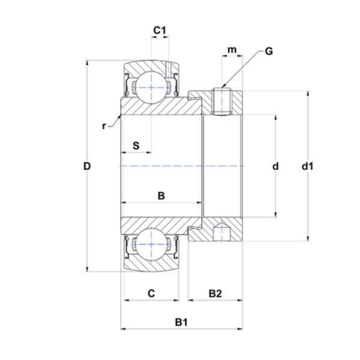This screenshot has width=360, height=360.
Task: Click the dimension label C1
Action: coord(160,30)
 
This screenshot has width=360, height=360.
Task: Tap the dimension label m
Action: coord(232,50)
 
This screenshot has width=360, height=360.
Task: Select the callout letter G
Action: coord(269,51)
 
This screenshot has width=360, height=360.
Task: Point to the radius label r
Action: coord(104,126)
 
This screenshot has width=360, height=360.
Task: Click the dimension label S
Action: coord(136,146)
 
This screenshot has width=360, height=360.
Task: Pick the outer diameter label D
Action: coord(87,166)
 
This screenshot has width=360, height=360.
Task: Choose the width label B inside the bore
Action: coord(161,196)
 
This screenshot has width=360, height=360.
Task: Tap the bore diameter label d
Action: coord(275,166)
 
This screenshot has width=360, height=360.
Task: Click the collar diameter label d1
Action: coord(307,166)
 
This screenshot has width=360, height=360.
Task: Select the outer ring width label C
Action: coord(151,293)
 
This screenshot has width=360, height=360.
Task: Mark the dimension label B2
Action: coord(215,293)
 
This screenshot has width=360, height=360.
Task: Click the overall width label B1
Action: coord(181,322)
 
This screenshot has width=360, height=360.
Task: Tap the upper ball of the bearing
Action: coord(151,88)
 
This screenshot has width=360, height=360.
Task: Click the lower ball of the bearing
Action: coord(151,244)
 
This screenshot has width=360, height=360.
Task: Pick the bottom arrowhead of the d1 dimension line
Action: coord(308,238)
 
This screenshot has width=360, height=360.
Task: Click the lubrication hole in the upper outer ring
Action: coord(168,70)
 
